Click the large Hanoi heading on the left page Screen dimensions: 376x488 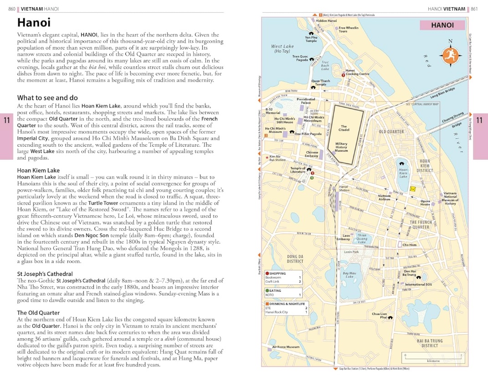click(34, 22)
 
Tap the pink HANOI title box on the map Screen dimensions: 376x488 click(442, 25)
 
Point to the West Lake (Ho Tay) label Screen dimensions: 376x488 click(283, 49)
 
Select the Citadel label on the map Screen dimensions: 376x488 click(344, 128)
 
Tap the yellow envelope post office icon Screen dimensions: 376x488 click(413, 188)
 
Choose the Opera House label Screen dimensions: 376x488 click(425, 203)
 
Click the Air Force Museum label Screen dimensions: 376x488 click(286, 347)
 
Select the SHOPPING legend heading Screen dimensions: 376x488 click(277, 273)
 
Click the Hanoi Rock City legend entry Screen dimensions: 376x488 click(277, 312)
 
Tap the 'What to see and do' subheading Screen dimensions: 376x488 click(47, 97)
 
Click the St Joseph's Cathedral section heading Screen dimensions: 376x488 click(45, 274)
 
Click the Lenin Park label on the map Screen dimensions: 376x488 click(351, 251)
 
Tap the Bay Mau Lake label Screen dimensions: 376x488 click(349, 274)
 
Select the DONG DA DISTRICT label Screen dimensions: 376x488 click(295, 259)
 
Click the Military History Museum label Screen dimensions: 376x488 click(341, 147)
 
